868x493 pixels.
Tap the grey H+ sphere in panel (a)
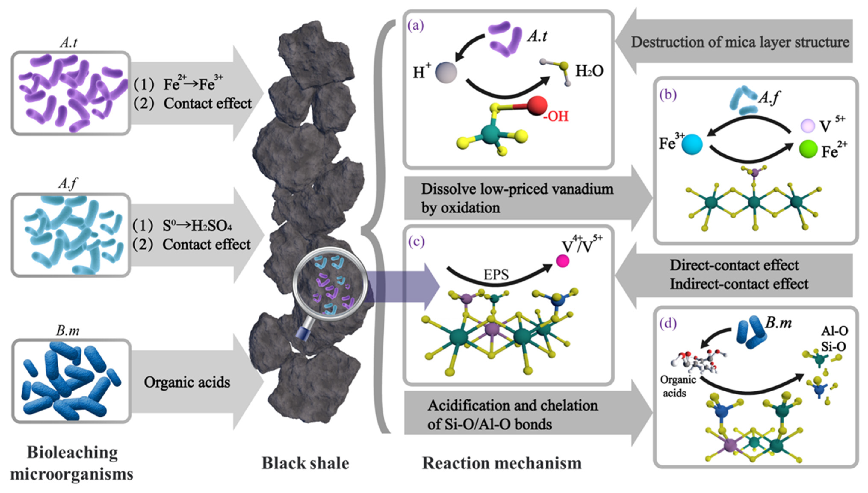coord(446,72)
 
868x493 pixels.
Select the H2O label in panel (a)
coord(590,71)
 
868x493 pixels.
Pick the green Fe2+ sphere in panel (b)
coord(808,149)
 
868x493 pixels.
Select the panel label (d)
coord(668,324)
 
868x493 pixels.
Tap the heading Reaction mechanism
coord(502,463)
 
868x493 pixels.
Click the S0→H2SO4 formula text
coord(197,226)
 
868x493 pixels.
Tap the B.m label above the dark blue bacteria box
coord(68,330)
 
